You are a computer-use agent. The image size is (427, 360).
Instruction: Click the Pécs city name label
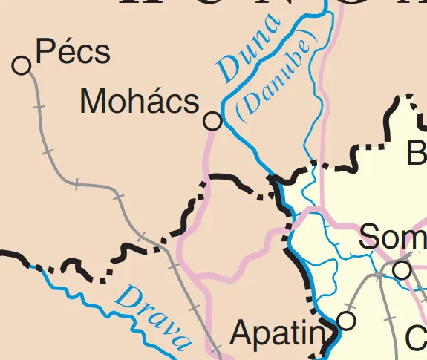(x=73, y=53)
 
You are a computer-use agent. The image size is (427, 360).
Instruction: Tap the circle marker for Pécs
(x=22, y=66)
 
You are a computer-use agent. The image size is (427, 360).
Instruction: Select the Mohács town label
(x=140, y=102)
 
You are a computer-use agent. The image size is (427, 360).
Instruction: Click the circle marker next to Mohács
(x=212, y=121)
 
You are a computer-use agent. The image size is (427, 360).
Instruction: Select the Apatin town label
(x=278, y=333)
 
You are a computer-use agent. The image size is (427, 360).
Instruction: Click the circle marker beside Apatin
(x=346, y=321)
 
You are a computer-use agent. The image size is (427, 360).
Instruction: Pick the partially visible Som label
(x=392, y=238)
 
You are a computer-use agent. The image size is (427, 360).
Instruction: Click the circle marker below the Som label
(x=402, y=270)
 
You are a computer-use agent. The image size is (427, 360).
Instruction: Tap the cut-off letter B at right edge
(x=417, y=153)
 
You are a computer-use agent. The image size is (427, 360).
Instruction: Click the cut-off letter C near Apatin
(x=417, y=338)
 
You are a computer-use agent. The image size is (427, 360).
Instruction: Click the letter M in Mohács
(x=93, y=102)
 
